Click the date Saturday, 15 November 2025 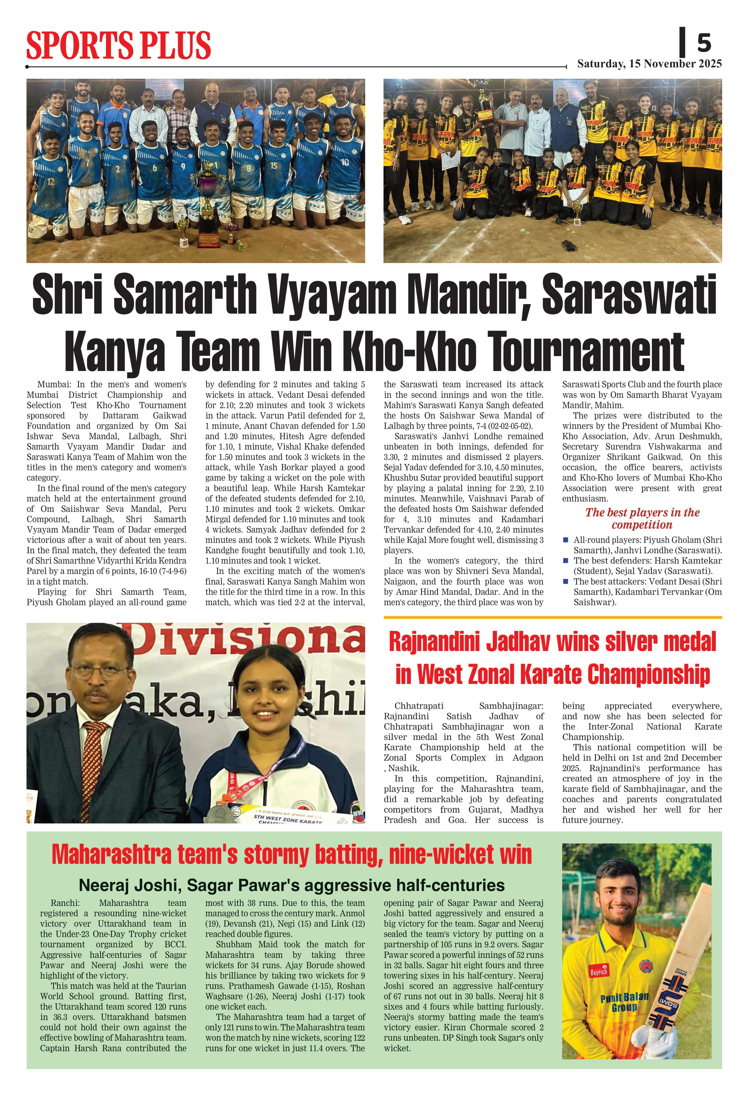(x=649, y=64)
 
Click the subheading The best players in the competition (x=642, y=518)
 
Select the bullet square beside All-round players (x=566, y=539)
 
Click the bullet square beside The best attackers (x=566, y=580)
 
